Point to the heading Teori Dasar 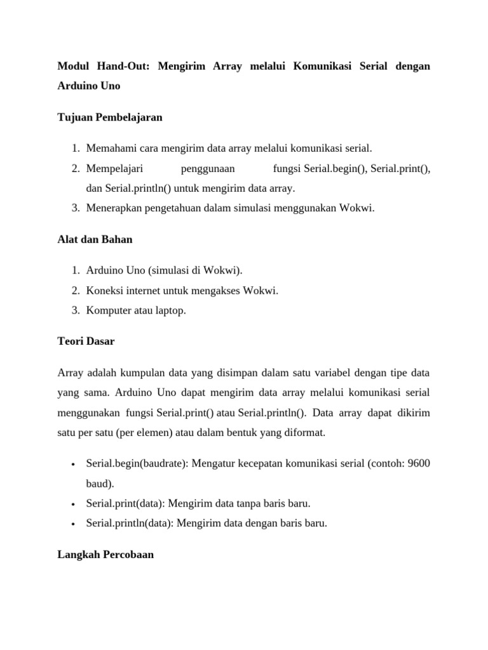pyautogui.click(x=86, y=341)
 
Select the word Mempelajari pyautogui.click(x=114, y=168)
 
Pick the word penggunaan pyautogui.click(x=208, y=168)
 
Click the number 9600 pyautogui.click(x=418, y=463)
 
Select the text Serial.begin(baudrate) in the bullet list pyautogui.click(x=135, y=463)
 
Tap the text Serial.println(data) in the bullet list pyautogui.click(x=130, y=524)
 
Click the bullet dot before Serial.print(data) pyautogui.click(x=74, y=505)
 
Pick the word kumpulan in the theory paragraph pyautogui.click(x=147, y=373)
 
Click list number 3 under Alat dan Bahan pyautogui.click(x=74, y=311)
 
